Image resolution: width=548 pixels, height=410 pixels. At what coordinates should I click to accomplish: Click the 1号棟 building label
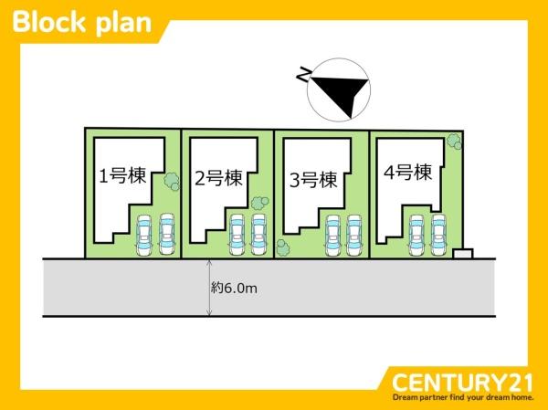pyautogui.click(x=122, y=176)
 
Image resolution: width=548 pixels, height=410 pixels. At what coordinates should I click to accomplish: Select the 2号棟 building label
pyautogui.click(x=218, y=178)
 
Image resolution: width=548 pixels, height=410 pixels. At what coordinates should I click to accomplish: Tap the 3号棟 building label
pyautogui.click(x=313, y=180)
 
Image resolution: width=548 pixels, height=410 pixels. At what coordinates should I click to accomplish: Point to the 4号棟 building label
pyautogui.click(x=408, y=173)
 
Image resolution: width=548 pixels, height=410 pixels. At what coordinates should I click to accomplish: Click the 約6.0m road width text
pyautogui.click(x=234, y=289)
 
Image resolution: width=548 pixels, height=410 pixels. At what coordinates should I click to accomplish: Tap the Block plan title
pyautogui.click(x=82, y=23)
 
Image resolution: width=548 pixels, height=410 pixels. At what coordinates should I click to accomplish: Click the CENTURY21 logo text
pyautogui.click(x=462, y=383)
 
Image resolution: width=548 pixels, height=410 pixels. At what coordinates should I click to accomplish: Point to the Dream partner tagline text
pyautogui.click(x=463, y=397)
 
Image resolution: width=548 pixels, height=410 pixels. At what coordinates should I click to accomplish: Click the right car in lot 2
pyautogui.click(x=259, y=235)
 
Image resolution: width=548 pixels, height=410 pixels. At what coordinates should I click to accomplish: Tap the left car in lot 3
pyautogui.click(x=332, y=236)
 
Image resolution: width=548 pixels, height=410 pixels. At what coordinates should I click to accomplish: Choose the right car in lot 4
pyautogui.click(x=438, y=236)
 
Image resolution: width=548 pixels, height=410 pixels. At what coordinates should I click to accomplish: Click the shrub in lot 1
pyautogui.click(x=172, y=182)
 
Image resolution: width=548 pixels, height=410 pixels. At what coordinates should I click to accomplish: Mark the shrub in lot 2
pyautogui.click(x=259, y=203)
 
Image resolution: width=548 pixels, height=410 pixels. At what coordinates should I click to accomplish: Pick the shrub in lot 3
pyautogui.click(x=282, y=247)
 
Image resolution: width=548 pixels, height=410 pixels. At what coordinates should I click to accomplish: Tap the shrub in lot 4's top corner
pyautogui.click(x=454, y=141)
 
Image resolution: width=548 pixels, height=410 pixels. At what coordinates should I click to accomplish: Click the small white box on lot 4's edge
pyautogui.click(x=463, y=254)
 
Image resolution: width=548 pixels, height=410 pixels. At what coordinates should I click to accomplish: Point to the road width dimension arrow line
pyautogui.click(x=209, y=288)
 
